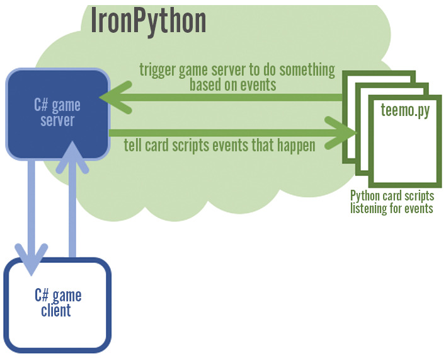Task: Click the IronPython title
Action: [149, 20]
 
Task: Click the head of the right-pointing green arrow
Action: [343, 133]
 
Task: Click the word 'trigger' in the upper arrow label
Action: [158, 70]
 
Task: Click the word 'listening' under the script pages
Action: [372, 209]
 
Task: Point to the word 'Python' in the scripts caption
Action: [365, 197]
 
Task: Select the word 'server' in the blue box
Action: [57, 120]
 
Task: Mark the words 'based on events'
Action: [233, 84]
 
